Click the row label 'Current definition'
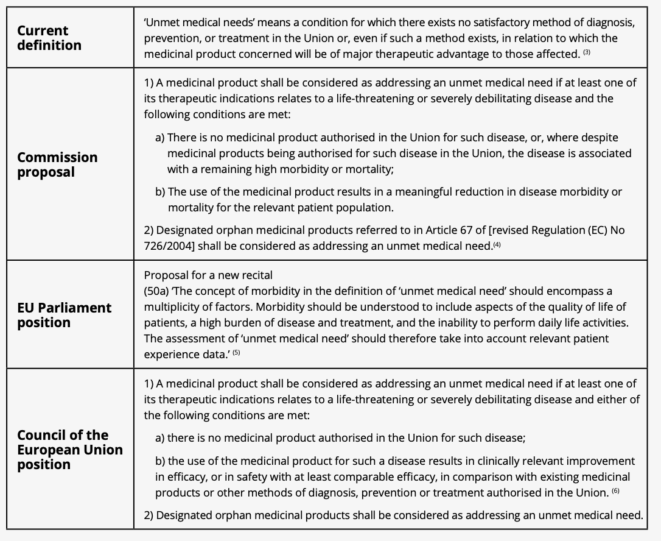49,38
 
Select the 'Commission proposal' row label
57,164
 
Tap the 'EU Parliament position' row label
64,315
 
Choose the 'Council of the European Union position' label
69,450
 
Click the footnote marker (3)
587,53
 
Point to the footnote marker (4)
497,245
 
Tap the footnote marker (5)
236,353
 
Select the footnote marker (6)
615,490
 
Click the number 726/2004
167,246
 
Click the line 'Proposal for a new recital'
208,275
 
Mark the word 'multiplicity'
174,306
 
